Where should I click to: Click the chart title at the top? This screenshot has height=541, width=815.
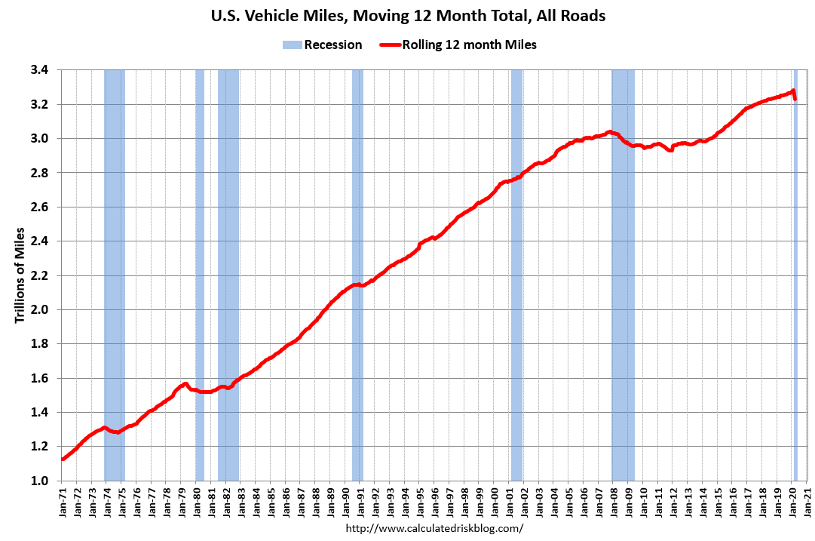point(408,15)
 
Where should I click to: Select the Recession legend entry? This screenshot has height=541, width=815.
point(323,45)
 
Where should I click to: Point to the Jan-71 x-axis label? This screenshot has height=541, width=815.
point(62,502)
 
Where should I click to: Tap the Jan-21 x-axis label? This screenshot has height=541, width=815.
point(808,502)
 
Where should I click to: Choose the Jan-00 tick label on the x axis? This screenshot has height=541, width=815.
point(495,502)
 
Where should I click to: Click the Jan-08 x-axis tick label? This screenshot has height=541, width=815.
point(614,502)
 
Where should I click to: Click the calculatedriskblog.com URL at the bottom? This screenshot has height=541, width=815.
point(434,528)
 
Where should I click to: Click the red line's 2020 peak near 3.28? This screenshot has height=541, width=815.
point(793,91)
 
